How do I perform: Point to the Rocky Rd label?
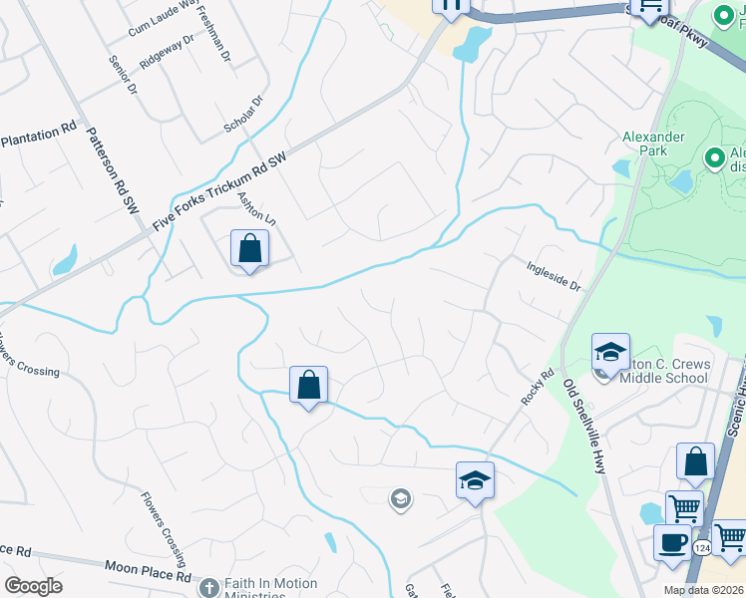coord(537,388)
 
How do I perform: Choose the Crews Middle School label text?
coord(665,371)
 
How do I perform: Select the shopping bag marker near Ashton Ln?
coord(249,249)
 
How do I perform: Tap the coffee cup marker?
coord(671,542)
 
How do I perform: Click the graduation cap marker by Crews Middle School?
coord(610,352)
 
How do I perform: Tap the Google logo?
coord(33,586)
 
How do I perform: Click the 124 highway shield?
coord(702,548)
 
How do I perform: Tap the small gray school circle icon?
coord(400,498)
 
